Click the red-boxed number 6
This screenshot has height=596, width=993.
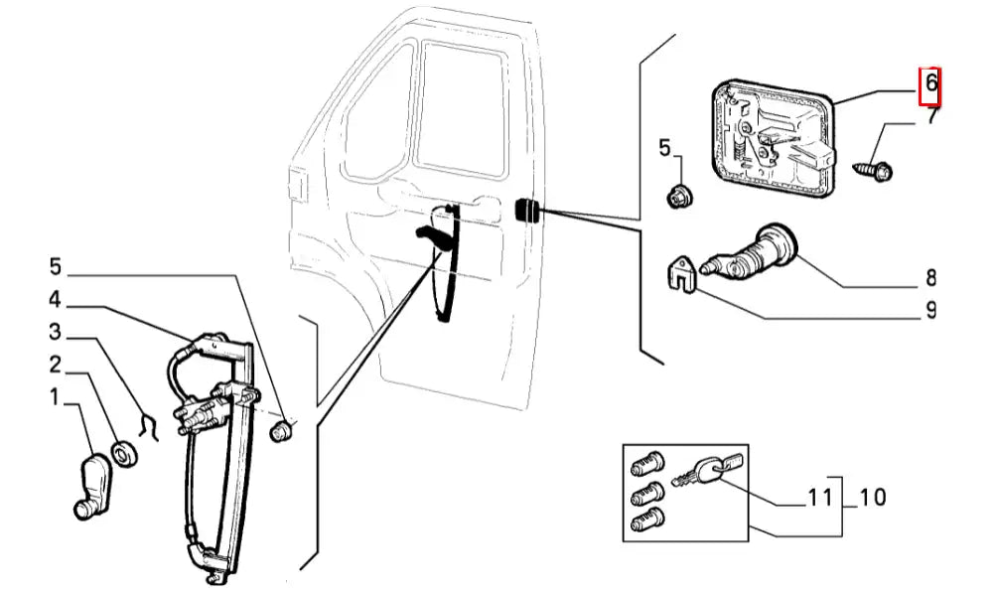tap(930, 84)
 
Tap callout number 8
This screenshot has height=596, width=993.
tap(931, 277)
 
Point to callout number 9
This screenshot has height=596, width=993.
tap(931, 311)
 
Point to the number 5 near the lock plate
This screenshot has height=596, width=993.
tap(665, 150)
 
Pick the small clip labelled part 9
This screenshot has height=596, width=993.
tap(680, 275)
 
